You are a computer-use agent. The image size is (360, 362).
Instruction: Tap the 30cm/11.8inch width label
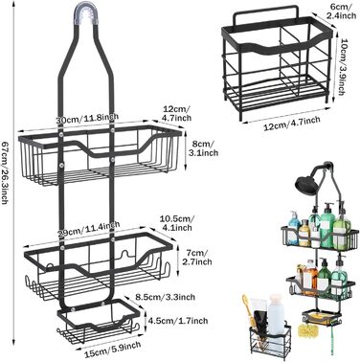(87, 118)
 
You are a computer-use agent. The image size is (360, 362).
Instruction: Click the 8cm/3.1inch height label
(203, 148)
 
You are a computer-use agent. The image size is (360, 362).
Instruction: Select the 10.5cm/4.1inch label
(177, 223)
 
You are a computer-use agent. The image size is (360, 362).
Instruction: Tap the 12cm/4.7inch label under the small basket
(292, 124)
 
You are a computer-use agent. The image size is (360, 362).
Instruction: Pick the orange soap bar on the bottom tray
(320, 317)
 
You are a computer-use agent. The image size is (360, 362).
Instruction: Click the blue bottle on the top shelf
(294, 227)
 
